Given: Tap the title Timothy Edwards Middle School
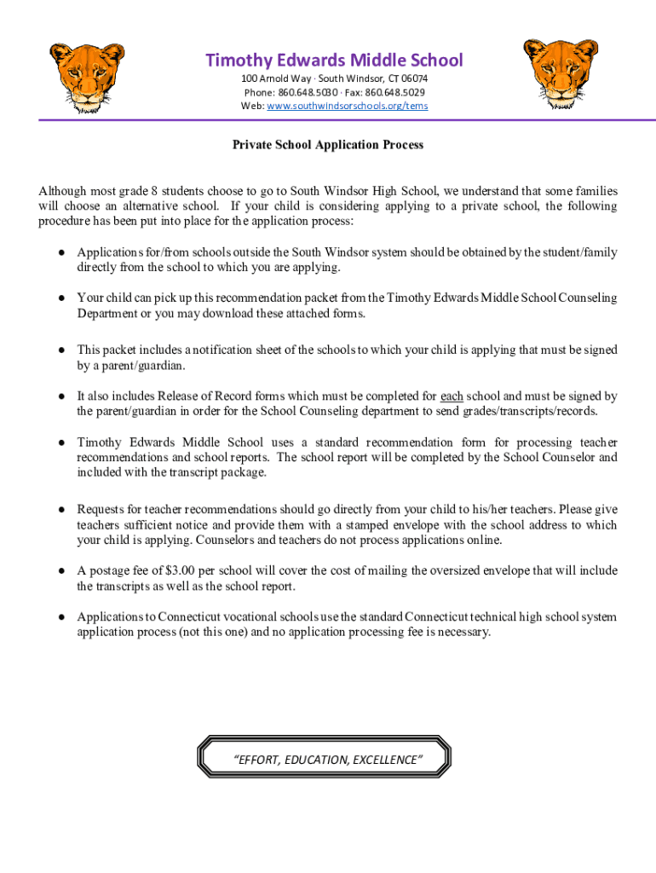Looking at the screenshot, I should click(x=334, y=60).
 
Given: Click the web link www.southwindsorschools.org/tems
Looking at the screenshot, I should click(x=348, y=106).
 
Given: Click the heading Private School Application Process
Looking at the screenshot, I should click(x=328, y=145).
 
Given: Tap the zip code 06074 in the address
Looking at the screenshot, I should click(x=414, y=78).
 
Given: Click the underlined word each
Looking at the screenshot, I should click(x=452, y=396).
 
